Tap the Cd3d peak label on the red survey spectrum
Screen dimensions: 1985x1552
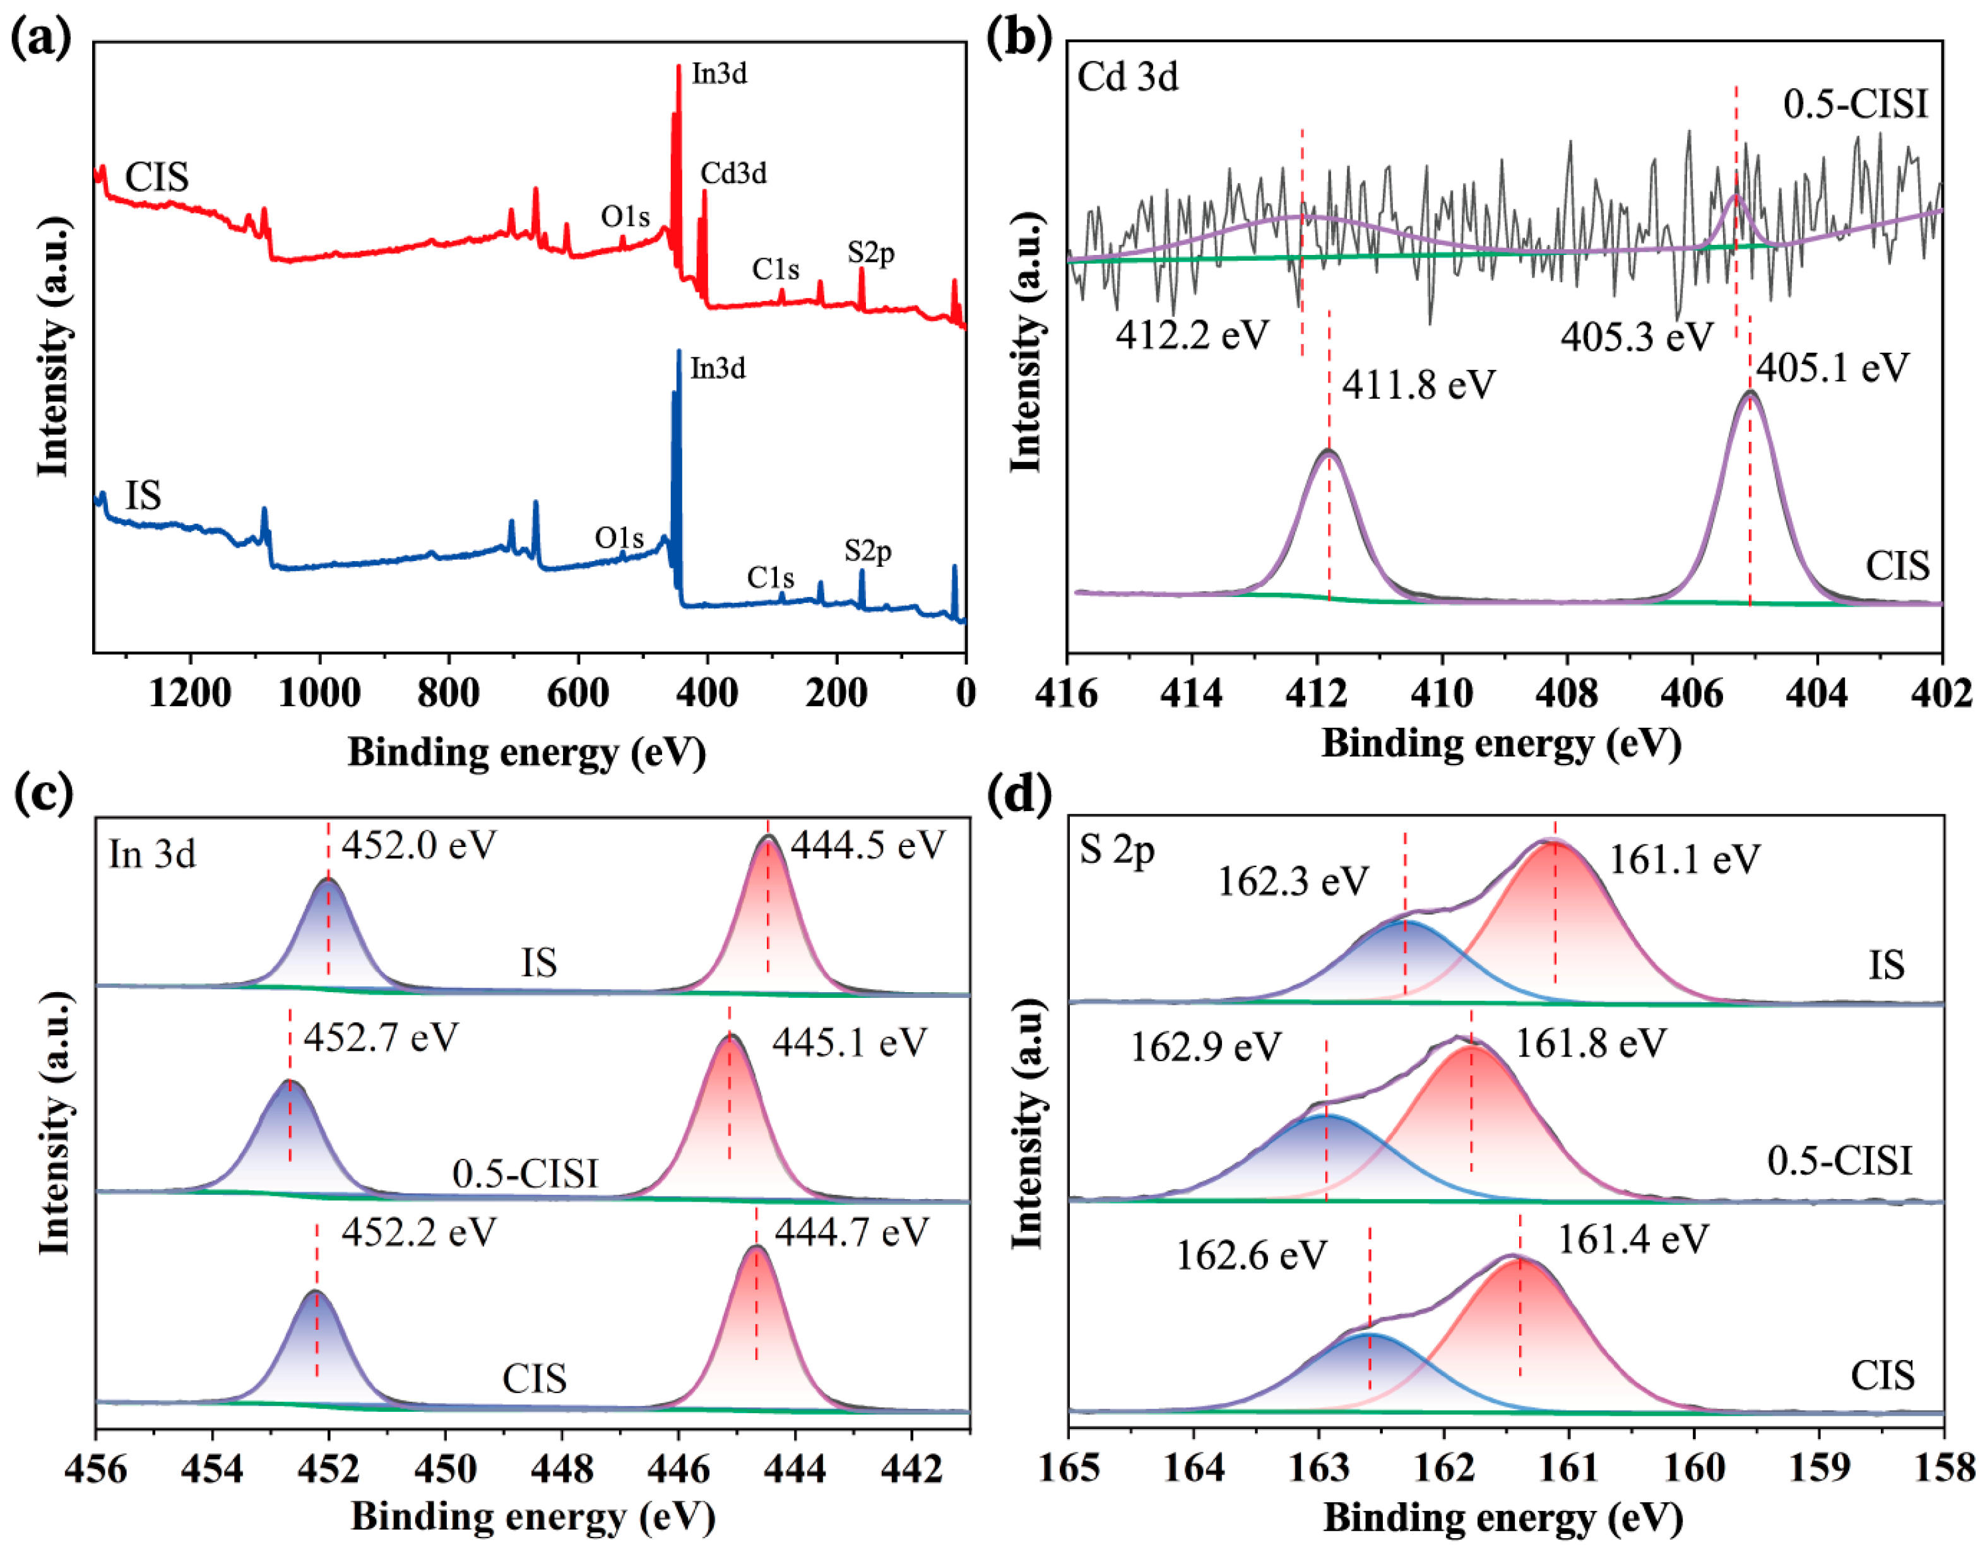733,173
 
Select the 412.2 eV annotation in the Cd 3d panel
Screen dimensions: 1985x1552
1192,335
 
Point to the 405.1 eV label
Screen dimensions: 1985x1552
1832,368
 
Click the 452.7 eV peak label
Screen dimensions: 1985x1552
381,1037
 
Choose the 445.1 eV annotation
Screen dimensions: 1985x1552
849,1041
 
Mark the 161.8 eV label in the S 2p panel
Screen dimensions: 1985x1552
1591,1043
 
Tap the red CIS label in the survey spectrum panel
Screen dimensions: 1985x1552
157,177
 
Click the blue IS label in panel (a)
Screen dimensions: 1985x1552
143,496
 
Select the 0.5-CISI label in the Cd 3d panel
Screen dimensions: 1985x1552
1856,105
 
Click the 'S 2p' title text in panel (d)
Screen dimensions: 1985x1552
1117,851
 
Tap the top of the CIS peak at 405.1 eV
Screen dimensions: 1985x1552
1750,393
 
